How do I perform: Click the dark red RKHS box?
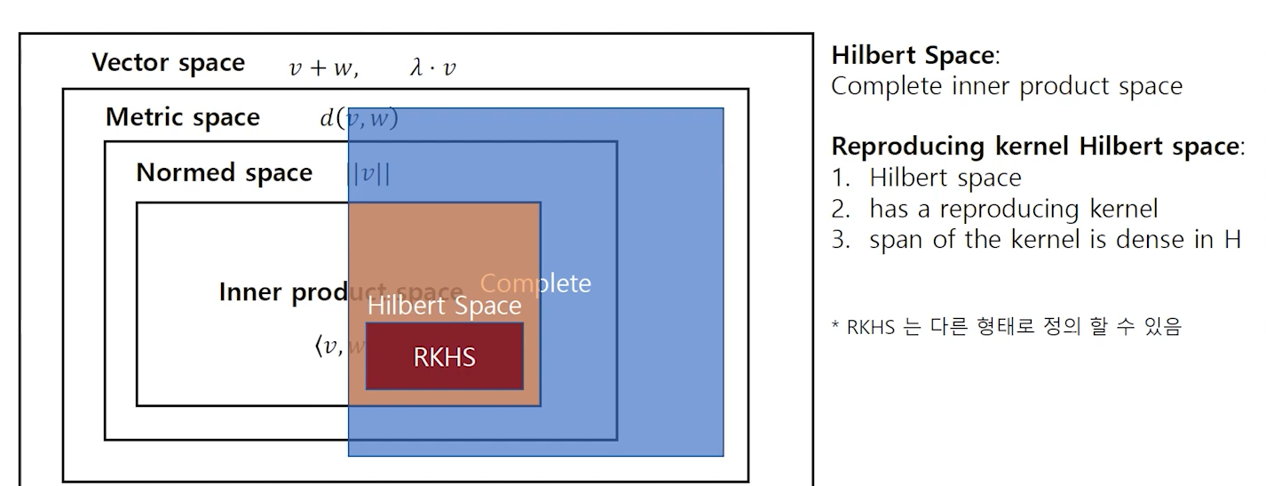click(x=444, y=356)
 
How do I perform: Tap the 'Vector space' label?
click(x=168, y=63)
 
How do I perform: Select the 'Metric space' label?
click(x=182, y=117)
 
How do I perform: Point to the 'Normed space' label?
click(x=224, y=172)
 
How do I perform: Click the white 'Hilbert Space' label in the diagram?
click(x=444, y=306)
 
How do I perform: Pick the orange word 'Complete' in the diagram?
click(x=534, y=283)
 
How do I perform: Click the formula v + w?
click(x=323, y=68)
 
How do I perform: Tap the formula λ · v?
click(x=432, y=68)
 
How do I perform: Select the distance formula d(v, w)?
click(x=359, y=118)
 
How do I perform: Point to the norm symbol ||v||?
click(x=368, y=173)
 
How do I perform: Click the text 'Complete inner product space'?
click(x=1006, y=86)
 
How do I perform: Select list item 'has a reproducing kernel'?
click(x=1013, y=209)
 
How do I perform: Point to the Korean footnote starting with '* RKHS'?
click(x=1006, y=327)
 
